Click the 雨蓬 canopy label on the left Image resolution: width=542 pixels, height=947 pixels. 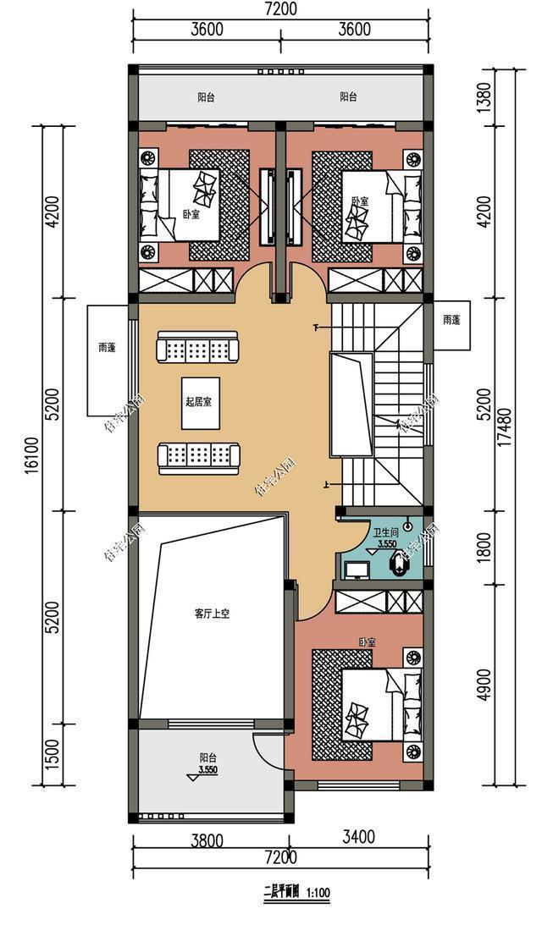click(108, 347)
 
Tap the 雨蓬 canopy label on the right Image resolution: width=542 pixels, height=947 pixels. click(451, 320)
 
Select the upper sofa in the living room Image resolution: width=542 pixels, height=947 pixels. click(199, 348)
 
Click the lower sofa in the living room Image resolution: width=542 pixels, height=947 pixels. click(199, 456)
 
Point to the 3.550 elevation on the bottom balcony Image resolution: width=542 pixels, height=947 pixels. click(207, 771)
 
